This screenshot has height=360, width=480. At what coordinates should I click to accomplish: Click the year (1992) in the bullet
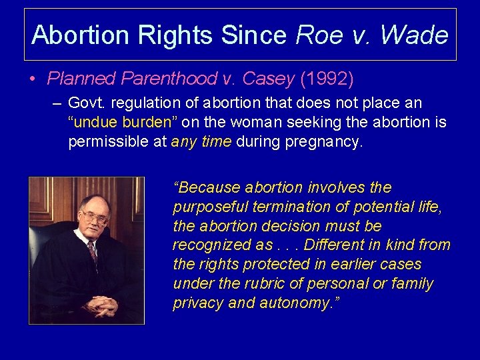[x=327, y=79]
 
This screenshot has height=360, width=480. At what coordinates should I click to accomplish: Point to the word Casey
[x=268, y=79]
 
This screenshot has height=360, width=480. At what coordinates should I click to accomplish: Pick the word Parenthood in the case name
[x=169, y=79]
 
